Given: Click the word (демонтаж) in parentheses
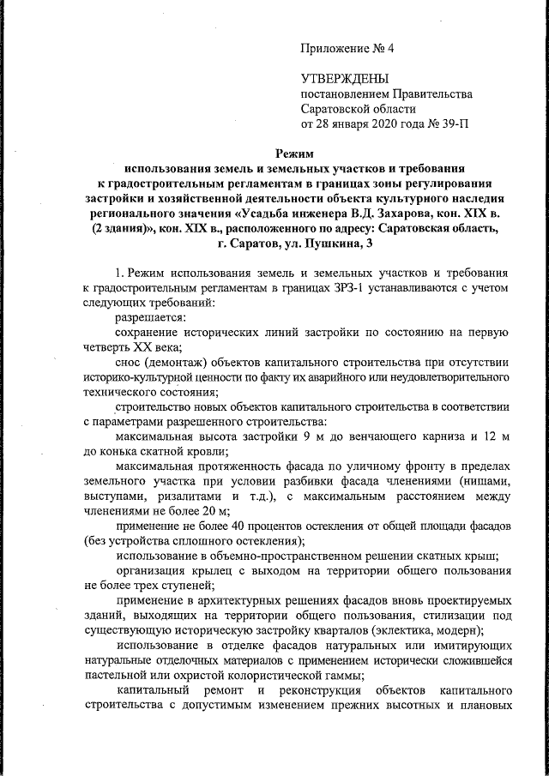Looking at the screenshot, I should [x=184, y=362].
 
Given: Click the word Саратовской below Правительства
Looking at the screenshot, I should [x=341, y=109].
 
